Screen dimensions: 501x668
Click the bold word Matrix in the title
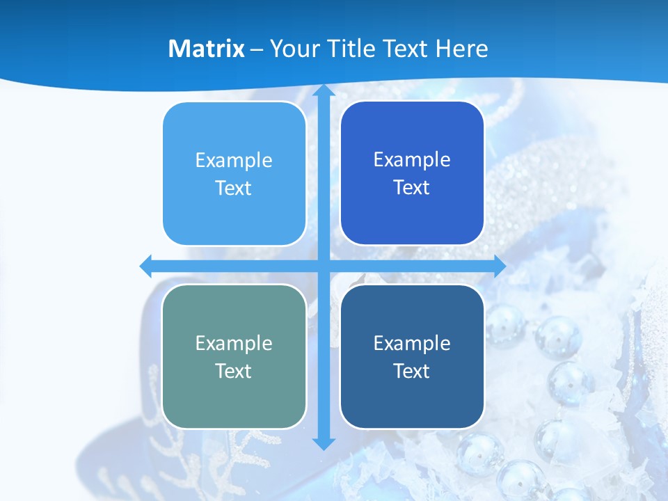pos(206,49)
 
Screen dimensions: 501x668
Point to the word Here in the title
pos(461,49)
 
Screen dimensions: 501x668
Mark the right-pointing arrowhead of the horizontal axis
pos(499,266)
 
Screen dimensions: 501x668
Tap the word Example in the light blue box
pos(234,161)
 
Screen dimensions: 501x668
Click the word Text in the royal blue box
pos(412,188)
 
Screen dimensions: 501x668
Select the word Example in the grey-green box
pos(234,344)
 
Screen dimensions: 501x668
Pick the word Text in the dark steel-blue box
pos(412,372)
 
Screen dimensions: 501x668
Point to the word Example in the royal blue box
pos(412,160)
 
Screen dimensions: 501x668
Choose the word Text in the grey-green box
pos(234,372)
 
